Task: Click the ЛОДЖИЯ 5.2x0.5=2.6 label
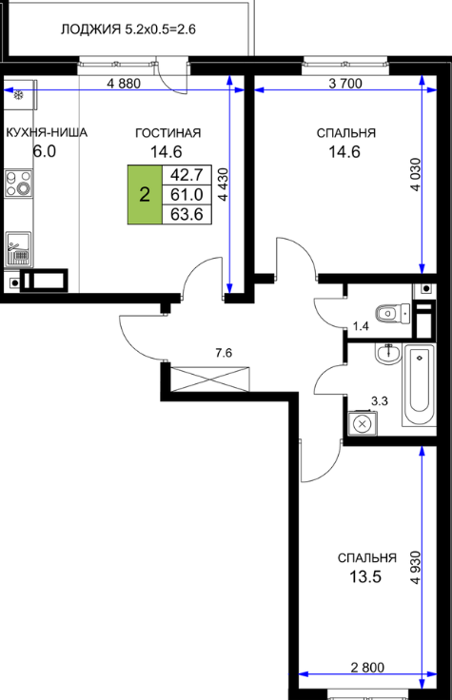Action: click(128, 29)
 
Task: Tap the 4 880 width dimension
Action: click(124, 83)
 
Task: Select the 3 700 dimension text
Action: click(345, 83)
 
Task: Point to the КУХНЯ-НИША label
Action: click(47, 132)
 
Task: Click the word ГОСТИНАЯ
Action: click(167, 133)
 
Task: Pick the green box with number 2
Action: click(145, 195)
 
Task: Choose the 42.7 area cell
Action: click(187, 175)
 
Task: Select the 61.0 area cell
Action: click(187, 195)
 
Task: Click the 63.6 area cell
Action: click(187, 214)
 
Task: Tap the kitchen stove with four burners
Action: click(19, 183)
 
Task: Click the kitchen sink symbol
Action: click(18, 248)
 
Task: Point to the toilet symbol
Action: click(393, 314)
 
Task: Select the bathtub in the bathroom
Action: click(419, 385)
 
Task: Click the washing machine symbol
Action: click(363, 423)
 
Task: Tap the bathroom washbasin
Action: click(388, 355)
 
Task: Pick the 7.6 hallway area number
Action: click(224, 353)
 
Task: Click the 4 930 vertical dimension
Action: click(416, 568)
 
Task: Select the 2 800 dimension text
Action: click(367, 668)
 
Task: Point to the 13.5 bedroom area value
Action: click(365, 576)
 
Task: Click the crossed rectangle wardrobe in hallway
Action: click(210, 379)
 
